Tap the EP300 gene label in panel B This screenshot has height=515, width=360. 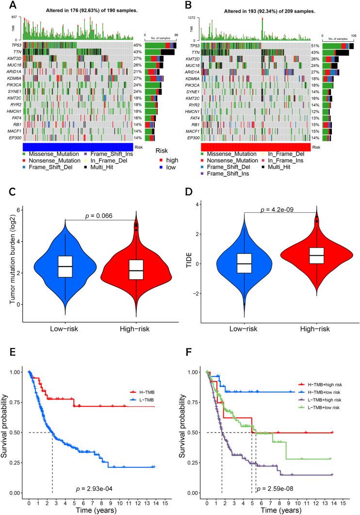click(192, 138)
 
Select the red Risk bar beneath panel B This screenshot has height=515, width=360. click(256, 147)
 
